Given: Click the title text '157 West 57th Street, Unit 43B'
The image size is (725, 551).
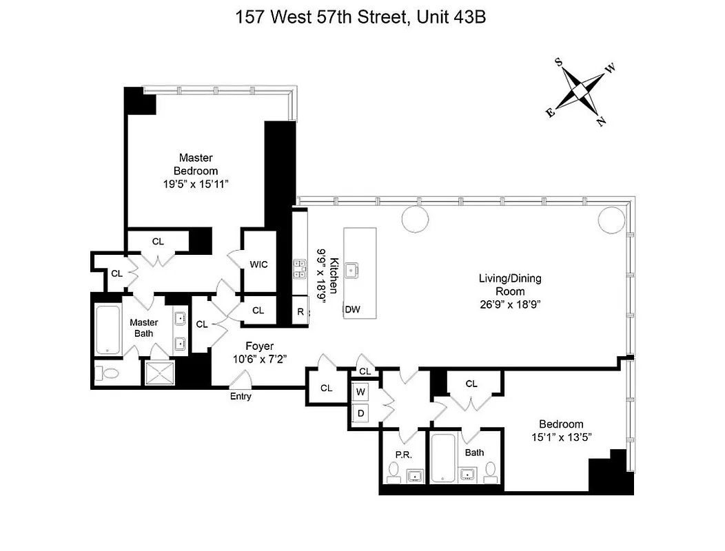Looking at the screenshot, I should click(x=362, y=17).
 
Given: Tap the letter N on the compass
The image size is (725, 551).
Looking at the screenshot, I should click(x=602, y=122).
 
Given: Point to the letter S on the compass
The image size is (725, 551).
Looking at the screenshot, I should click(x=559, y=62).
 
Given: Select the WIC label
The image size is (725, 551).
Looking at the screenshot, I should click(x=259, y=264).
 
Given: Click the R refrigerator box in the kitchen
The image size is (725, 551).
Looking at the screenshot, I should click(x=300, y=311).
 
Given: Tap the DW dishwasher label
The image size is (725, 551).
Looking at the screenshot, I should click(x=353, y=310).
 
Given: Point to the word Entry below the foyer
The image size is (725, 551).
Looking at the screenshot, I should click(x=241, y=396).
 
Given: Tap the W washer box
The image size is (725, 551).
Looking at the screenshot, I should click(x=360, y=392).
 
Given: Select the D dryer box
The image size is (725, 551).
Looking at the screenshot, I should click(x=360, y=413).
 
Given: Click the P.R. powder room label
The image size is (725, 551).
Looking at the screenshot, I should click(x=403, y=455).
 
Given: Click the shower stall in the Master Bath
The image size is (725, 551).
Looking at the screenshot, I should click(x=160, y=373).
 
